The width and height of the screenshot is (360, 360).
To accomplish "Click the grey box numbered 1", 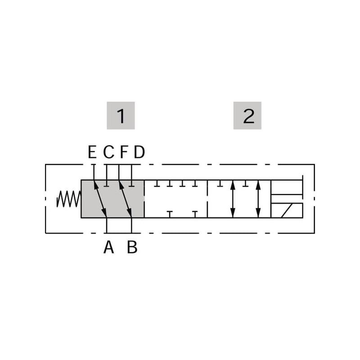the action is [121, 116].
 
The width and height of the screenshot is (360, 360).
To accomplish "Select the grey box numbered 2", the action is [247, 116].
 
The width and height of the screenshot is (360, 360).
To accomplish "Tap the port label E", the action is [92, 152].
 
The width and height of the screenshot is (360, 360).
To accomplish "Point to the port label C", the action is [108, 152].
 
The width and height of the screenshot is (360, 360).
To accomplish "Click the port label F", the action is [124, 152].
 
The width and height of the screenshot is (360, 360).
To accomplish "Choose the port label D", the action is [139, 152].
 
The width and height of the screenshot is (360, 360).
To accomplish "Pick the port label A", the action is [108, 247].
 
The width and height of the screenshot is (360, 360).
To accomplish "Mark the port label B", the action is [132, 247].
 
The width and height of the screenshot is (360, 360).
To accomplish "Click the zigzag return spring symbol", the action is [69, 199].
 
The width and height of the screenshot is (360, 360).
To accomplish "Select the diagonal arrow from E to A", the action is [100, 198].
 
